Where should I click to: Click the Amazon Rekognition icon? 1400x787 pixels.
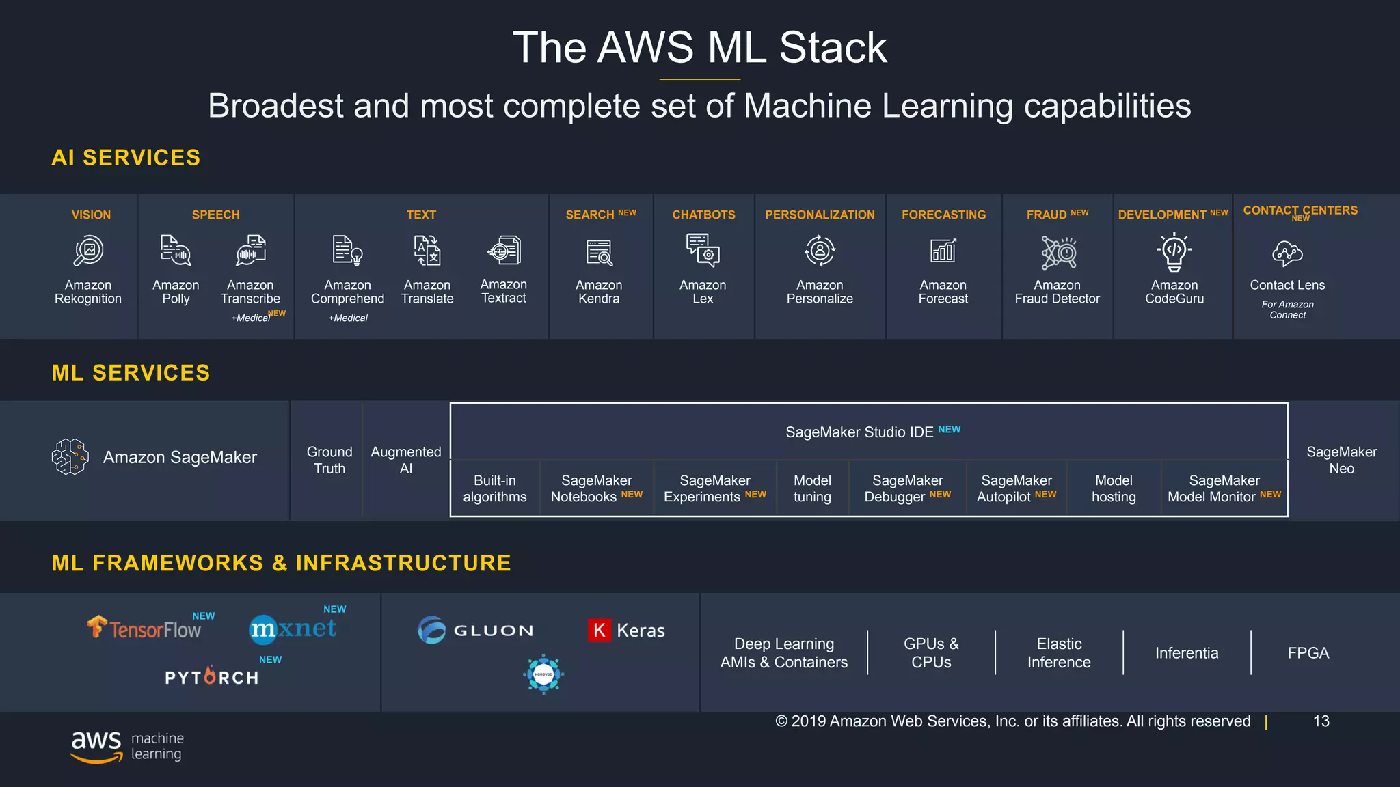[88, 251]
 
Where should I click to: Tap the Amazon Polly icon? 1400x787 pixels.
[176, 251]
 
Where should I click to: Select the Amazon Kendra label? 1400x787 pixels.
[599, 292]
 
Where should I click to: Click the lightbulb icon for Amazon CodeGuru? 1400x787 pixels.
[1174, 251]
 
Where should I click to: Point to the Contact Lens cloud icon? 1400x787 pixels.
[1287, 253]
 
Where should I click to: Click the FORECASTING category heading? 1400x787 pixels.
[943, 215]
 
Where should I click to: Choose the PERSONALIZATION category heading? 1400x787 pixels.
[820, 215]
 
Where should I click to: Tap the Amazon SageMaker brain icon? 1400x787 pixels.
[70, 456]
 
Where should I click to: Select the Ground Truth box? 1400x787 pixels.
[329, 460]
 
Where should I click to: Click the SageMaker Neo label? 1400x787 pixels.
[1341, 460]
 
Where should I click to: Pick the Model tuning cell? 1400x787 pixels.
[812, 488]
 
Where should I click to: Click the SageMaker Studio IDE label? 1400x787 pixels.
[859, 432]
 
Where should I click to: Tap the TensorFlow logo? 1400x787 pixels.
[144, 628]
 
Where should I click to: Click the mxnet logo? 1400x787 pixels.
[293, 629]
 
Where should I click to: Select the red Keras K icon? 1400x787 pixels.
[599, 630]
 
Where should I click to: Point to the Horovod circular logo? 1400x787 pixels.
[543, 674]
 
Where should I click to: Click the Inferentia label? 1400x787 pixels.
[1187, 653]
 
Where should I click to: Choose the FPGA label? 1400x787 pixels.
[1308, 653]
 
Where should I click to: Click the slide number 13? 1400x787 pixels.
[1321, 721]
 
